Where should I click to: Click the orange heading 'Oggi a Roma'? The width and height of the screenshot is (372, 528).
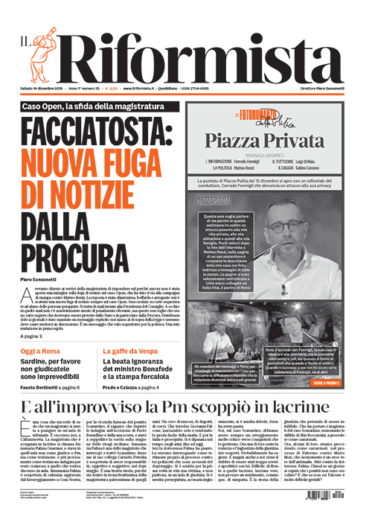pos(43,349)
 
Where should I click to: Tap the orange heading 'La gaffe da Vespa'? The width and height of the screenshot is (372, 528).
pos(135,349)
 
